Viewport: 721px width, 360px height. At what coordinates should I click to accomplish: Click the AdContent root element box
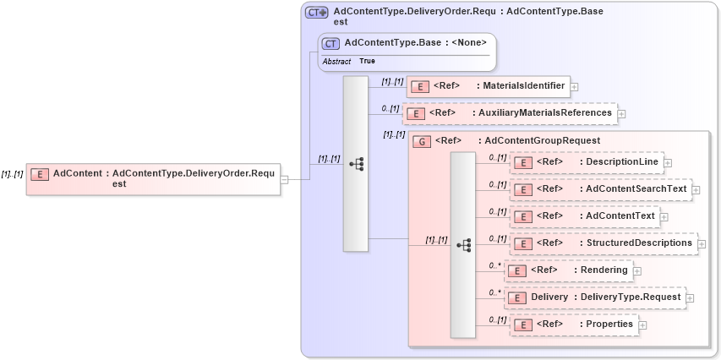152,178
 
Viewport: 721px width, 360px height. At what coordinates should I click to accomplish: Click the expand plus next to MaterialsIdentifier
574,86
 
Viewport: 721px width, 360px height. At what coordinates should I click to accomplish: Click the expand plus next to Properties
643,325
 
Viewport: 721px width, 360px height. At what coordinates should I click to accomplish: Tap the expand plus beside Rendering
637,270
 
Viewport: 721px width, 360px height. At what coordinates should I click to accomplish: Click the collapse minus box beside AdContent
285,179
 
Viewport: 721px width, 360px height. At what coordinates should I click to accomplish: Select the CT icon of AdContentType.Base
330,43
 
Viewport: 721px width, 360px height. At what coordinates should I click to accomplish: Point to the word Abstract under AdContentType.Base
336,62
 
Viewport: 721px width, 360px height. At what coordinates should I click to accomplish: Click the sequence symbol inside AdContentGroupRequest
463,244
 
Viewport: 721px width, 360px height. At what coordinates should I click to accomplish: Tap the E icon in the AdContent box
40,174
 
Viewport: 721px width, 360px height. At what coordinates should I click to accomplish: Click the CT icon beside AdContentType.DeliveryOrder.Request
317,13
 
